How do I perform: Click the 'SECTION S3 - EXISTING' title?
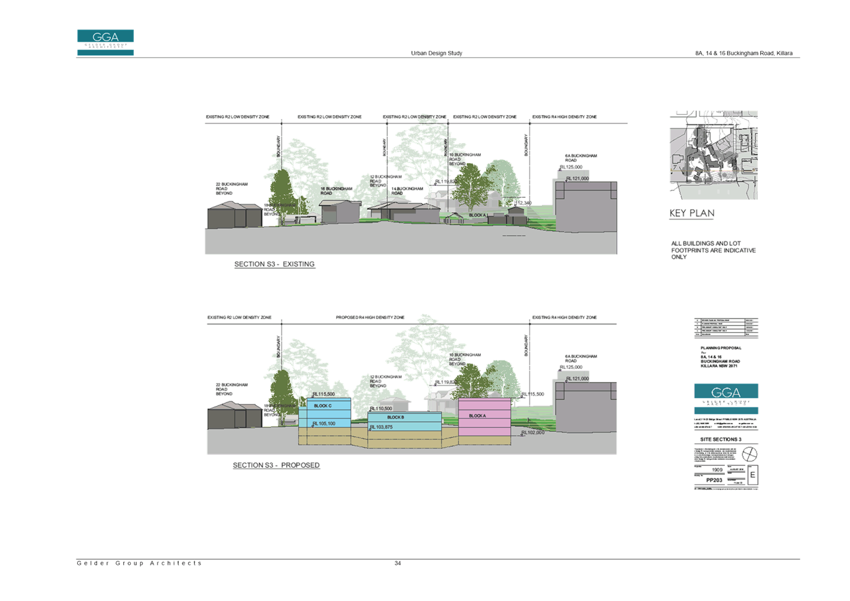pos(274,264)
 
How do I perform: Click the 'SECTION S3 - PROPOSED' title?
pos(276,465)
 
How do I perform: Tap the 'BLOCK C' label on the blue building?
pos(322,406)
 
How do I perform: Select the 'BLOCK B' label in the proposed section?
pos(396,417)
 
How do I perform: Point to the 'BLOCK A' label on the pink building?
pos(477,416)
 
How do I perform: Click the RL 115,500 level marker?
pos(324,394)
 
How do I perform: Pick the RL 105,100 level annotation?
pos(324,424)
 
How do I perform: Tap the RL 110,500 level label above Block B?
pos(381,409)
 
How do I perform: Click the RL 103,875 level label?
pos(381,427)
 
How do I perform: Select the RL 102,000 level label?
pos(533,432)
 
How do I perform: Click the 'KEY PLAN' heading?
pos(692,213)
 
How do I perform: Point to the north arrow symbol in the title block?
pos(750,454)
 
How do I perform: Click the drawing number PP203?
pos(714,480)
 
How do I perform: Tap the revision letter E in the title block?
pos(752,475)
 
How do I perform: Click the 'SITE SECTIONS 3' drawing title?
pos(720,439)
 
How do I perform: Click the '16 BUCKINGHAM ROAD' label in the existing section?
pos(337,190)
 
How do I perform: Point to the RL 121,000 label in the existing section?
pos(577,179)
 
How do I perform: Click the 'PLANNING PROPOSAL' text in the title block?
pos(721,348)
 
